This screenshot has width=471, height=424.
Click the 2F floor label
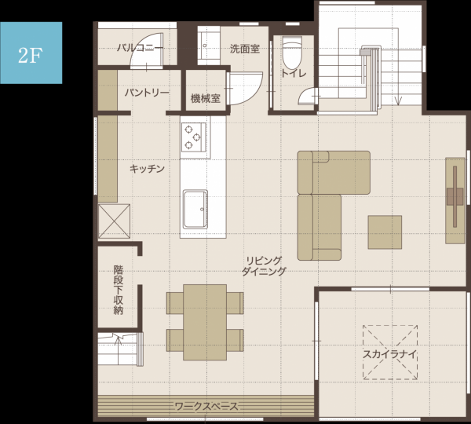[x=30, y=55]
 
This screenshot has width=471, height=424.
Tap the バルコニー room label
[x=140, y=48]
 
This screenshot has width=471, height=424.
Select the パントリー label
[x=147, y=93]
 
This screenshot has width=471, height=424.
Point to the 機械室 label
[x=206, y=98]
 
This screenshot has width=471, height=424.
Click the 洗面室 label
[x=245, y=49]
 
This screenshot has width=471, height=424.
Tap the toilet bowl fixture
[x=292, y=53]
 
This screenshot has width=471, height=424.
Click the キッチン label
[x=148, y=169]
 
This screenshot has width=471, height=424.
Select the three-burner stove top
[x=194, y=137]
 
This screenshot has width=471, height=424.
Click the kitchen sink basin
[x=195, y=209]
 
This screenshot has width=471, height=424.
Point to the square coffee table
[x=385, y=232]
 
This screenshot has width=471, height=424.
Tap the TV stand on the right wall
[x=455, y=200]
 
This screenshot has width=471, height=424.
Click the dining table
[x=205, y=322]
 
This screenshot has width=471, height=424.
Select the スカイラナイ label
[x=390, y=354]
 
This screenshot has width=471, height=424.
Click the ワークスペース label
[x=206, y=407]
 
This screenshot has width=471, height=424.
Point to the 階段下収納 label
[x=119, y=290]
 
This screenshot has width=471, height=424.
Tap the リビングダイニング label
[x=264, y=266]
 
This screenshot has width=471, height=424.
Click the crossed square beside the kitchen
[x=115, y=221]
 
